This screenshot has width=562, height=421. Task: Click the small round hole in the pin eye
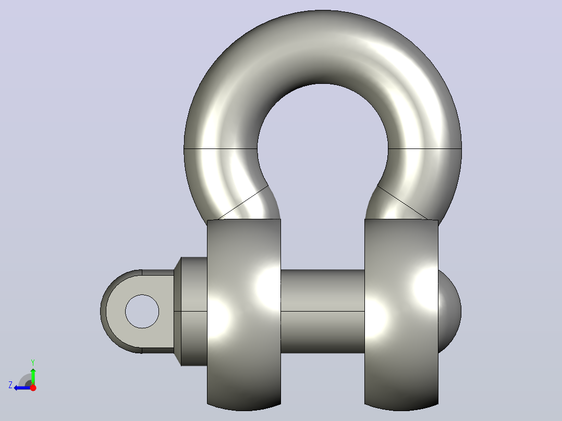tap(142, 312)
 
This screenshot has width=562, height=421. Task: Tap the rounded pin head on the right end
tap(449, 311)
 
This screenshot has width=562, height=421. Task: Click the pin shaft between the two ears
tap(323, 311)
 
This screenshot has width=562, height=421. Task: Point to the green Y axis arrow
tap(33, 376)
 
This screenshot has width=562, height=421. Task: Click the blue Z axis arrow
tap(22, 388)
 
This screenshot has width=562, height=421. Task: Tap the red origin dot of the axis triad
tap(33, 388)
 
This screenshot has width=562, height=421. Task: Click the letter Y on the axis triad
tap(33, 362)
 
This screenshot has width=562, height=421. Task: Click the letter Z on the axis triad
tap(10, 385)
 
